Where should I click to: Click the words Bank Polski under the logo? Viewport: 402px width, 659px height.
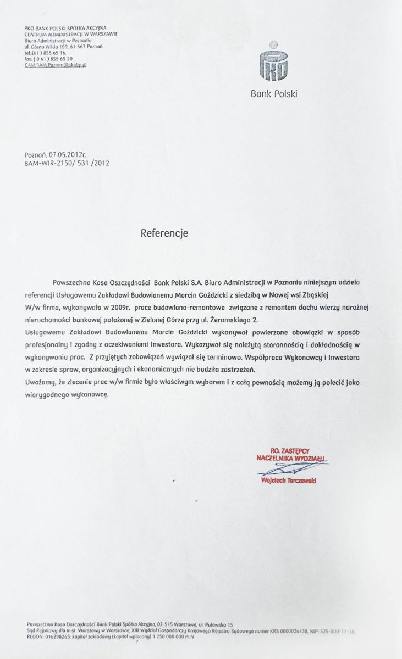pyautogui.click(x=273, y=94)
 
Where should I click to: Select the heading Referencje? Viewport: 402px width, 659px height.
pyautogui.click(x=164, y=233)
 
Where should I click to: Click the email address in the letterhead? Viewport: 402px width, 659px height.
pyautogui.click(x=56, y=64)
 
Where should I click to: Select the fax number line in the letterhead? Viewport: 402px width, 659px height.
pyautogui.click(x=49, y=58)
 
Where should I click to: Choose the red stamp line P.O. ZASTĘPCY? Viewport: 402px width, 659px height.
pyautogui.click(x=290, y=450)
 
